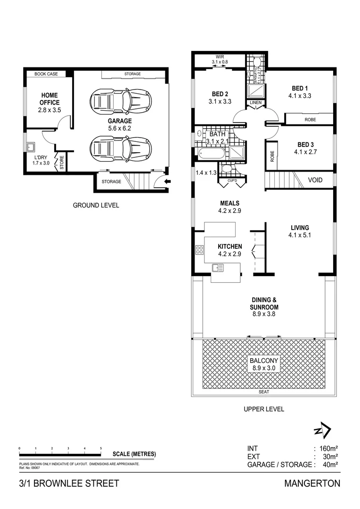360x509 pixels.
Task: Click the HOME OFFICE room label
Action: [x=49, y=99]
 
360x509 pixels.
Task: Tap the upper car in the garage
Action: [x=121, y=100]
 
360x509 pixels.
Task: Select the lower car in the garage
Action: [x=121, y=148]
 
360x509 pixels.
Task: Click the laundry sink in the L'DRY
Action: [x=31, y=146]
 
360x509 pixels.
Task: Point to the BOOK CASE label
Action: [x=46, y=74]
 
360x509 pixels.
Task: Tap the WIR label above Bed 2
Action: [x=220, y=57]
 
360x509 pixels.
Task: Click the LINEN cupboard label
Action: [x=256, y=103]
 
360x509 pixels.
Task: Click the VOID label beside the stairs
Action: [x=315, y=180]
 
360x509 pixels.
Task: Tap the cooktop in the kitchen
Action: [x=199, y=250]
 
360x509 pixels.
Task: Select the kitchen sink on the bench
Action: [x=218, y=268]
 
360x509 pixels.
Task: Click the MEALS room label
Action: [x=229, y=204]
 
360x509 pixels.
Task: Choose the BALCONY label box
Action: [x=264, y=364]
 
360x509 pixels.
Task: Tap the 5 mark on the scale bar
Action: [x=101, y=448]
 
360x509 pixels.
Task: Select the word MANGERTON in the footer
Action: [x=312, y=483]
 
